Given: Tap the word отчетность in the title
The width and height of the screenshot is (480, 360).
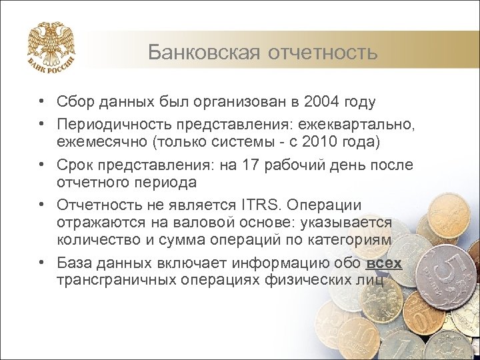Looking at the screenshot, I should click(x=323, y=51).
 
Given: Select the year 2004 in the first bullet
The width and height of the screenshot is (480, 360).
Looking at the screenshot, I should click(x=321, y=102).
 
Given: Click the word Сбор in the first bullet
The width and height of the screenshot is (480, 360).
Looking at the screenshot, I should click(x=74, y=102).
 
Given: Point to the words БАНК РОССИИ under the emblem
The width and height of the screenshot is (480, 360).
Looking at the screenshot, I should click(x=51, y=69).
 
